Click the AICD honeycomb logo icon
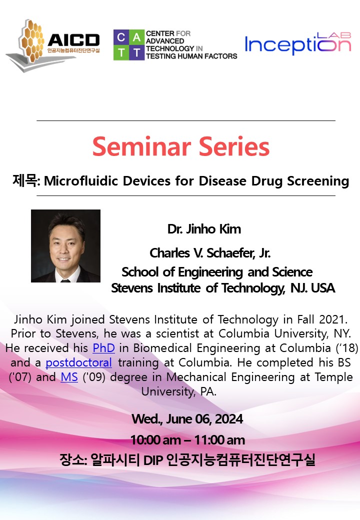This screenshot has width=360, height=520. pyautogui.click(x=31, y=41)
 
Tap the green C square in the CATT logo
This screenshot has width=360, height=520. pyautogui.click(x=121, y=37)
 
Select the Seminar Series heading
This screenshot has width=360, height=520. pyautogui.click(x=181, y=146)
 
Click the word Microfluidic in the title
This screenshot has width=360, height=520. pyautogui.click(x=81, y=181)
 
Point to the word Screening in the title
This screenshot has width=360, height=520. pyautogui.click(x=318, y=181)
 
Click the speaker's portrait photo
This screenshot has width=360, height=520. pyautogui.click(x=65, y=245)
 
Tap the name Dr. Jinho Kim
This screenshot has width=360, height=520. pyautogui.click(x=204, y=229)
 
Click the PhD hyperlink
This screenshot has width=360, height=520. pyautogui.click(x=104, y=348)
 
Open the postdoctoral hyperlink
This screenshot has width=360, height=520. pyautogui.click(x=78, y=362)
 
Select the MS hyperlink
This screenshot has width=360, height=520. pyautogui.click(x=69, y=377)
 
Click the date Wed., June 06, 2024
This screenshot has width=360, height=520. pyautogui.click(x=187, y=419)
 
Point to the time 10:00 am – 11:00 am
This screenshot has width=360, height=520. pyautogui.click(x=187, y=440)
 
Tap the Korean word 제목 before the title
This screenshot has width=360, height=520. pyautogui.click(x=25, y=180)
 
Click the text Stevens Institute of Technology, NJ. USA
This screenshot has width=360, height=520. pyautogui.click(x=223, y=288)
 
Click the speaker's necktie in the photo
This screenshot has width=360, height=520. pyautogui.click(x=65, y=281)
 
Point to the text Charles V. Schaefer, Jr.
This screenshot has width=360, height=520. pyautogui.click(x=210, y=253)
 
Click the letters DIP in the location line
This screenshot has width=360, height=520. pyautogui.click(x=153, y=460)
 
